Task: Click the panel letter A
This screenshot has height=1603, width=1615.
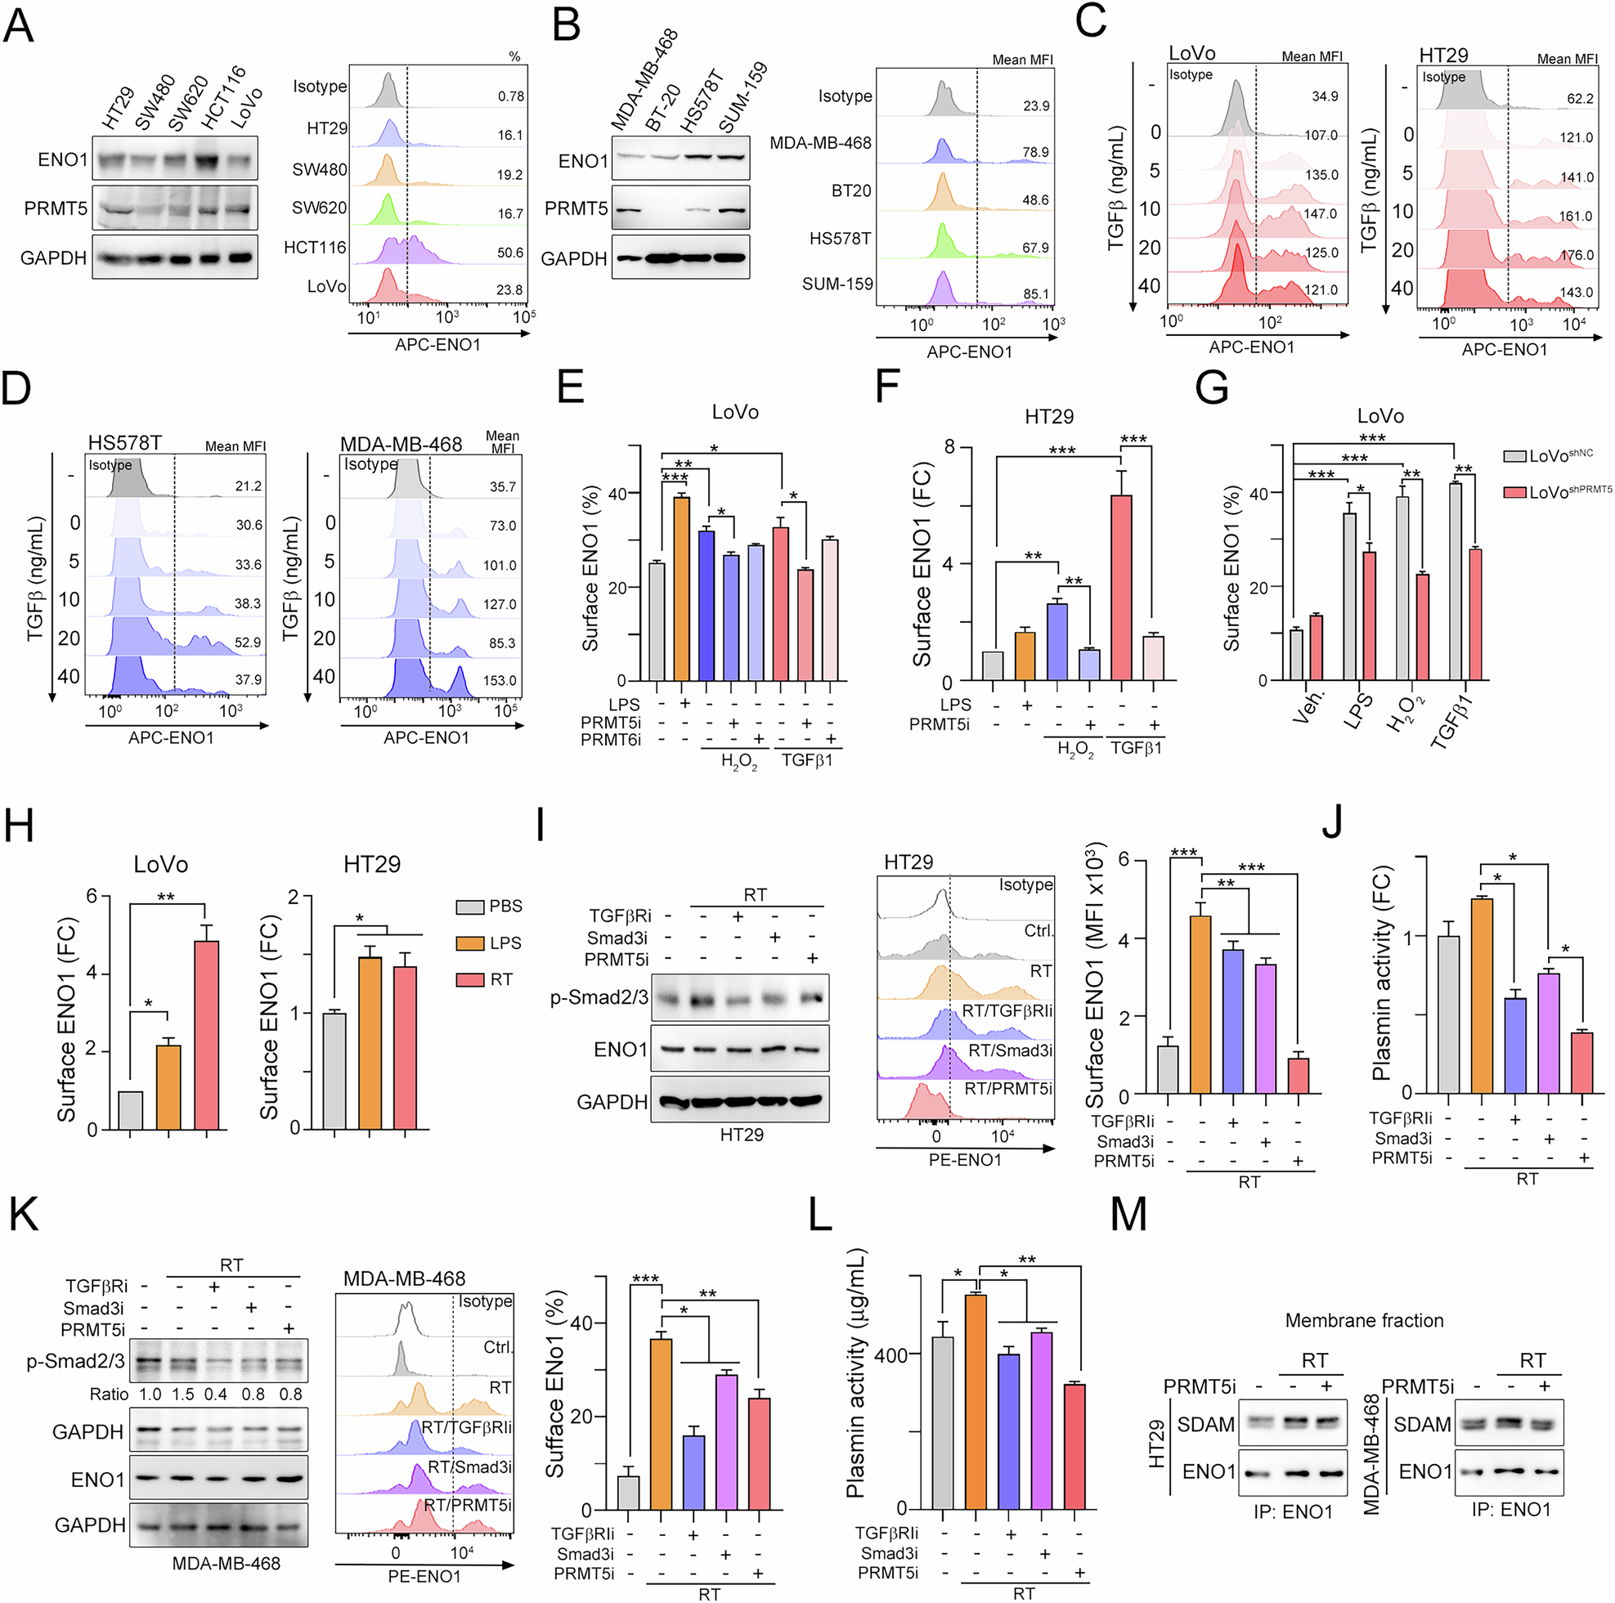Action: point(18,25)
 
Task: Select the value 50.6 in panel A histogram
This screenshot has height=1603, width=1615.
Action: point(510,253)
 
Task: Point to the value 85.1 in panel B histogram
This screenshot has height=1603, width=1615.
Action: point(1036,294)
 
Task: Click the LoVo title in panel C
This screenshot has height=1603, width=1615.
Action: point(1191,53)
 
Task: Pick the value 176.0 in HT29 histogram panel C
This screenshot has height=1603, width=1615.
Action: point(1576,255)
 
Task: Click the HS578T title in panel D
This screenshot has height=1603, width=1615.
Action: point(125,442)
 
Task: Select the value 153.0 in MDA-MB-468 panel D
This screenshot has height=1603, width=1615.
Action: point(499,680)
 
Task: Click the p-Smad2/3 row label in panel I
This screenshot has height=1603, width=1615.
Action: point(599,997)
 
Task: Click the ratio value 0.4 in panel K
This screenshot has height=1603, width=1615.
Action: point(216,1394)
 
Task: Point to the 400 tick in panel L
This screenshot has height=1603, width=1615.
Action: point(891,1354)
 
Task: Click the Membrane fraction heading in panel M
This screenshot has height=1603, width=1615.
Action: point(1363,1320)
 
